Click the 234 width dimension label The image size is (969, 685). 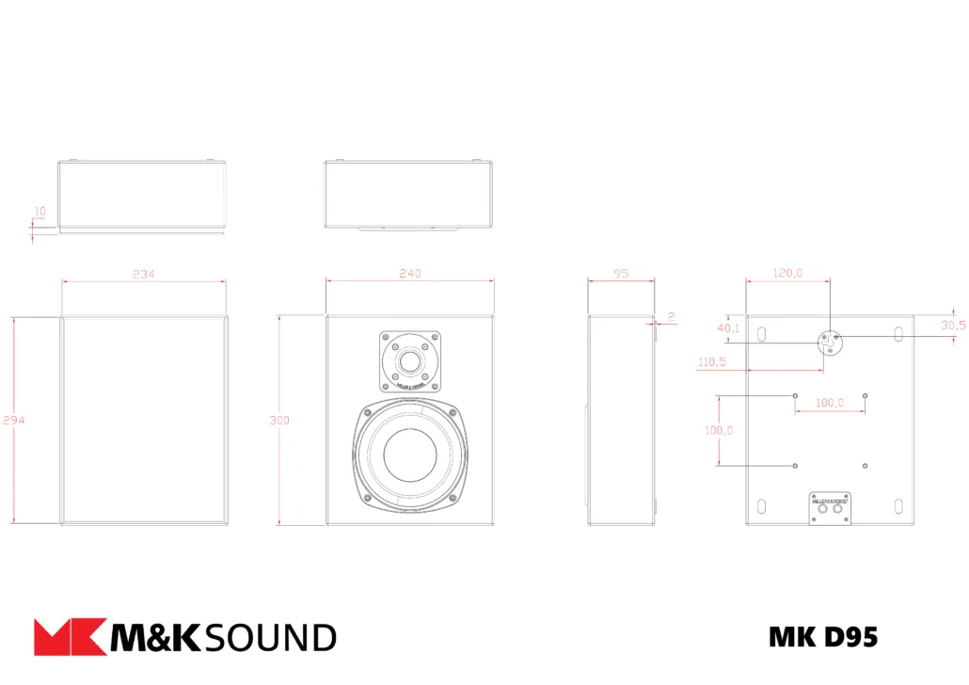point(143,274)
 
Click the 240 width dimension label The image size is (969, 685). point(410,273)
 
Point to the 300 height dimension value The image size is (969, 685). point(279,421)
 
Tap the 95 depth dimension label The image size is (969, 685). point(621,273)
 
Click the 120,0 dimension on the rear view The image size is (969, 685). point(787,273)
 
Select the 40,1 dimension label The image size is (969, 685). point(728,328)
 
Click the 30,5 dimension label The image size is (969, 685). point(952,325)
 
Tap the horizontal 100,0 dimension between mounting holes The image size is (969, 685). point(829,403)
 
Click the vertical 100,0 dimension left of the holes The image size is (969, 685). point(719,430)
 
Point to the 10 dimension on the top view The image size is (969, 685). point(39,212)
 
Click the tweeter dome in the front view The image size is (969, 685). point(410,361)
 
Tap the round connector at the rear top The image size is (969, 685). point(830,342)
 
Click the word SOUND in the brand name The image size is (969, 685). point(269,638)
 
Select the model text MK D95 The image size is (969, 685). point(822,637)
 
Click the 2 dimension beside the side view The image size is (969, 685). point(672,316)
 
